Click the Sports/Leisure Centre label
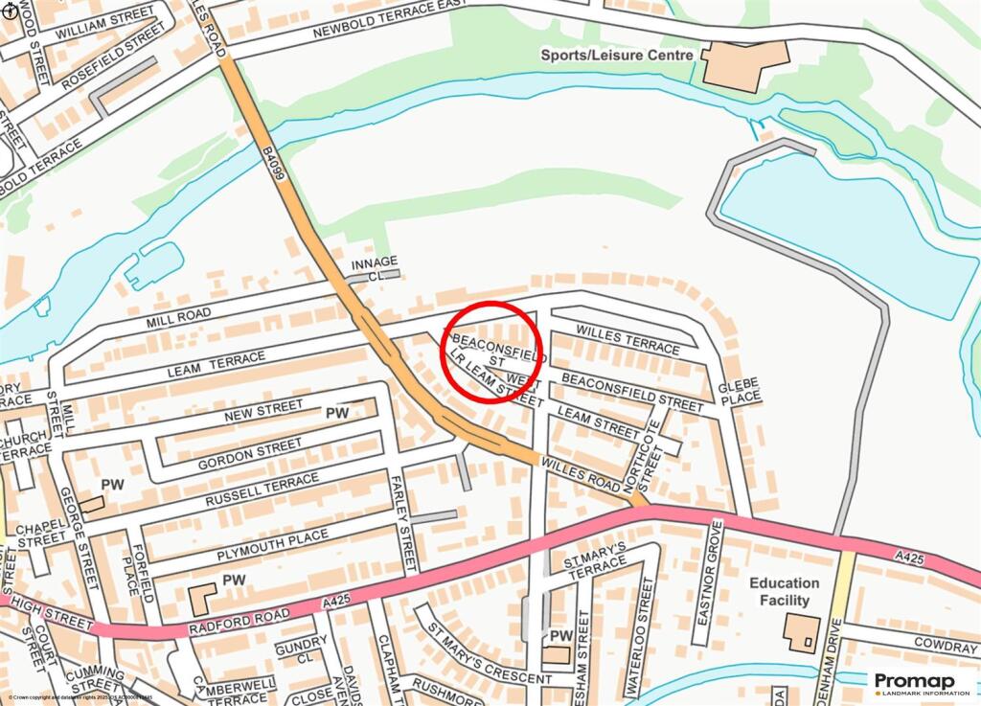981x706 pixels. point(616,56)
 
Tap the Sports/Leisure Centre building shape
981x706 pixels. point(745,65)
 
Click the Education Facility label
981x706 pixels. point(785,591)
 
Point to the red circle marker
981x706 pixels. point(491,352)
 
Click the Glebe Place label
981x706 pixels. point(739,391)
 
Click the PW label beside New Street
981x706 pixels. point(336,413)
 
